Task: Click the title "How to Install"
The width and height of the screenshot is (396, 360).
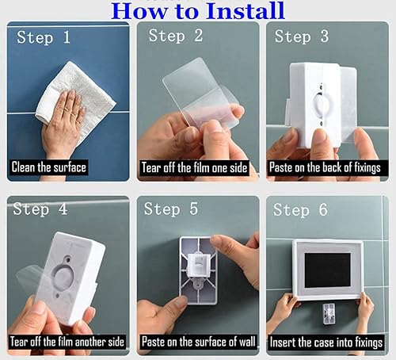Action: pyautogui.click(x=199, y=11)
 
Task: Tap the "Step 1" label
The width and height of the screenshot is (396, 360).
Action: pyautogui.click(x=44, y=37)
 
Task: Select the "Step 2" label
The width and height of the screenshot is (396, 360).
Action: pyautogui.click(x=176, y=36)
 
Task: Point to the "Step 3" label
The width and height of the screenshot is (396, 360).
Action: pyautogui.click(x=303, y=36)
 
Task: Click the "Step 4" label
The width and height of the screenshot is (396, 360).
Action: pyautogui.click(x=41, y=210)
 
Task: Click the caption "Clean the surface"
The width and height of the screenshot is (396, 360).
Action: pyautogui.click(x=48, y=167)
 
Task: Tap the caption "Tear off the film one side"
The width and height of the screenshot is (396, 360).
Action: pyautogui.click(x=195, y=167)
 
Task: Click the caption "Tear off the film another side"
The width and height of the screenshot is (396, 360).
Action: pyautogui.click(x=67, y=341)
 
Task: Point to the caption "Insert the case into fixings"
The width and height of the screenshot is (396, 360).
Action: pyautogui.click(x=327, y=341)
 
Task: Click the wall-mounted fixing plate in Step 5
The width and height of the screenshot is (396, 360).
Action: pyautogui.click(x=197, y=266)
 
